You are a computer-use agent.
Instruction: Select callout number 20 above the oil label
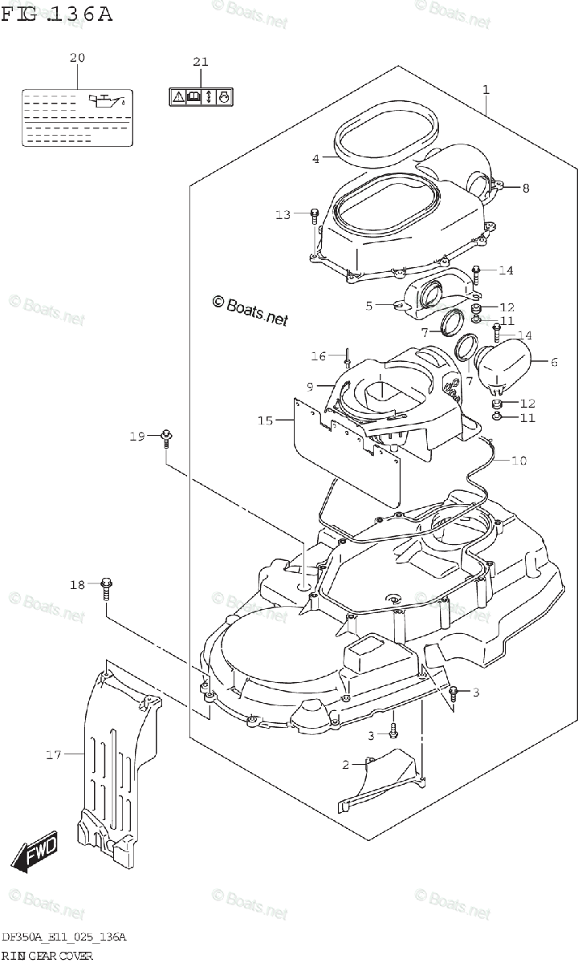[77, 58]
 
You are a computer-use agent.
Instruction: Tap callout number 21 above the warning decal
[200, 62]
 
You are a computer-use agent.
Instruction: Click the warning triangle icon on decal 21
[177, 97]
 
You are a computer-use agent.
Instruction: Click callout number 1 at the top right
[486, 88]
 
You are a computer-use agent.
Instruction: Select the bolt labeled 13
[314, 215]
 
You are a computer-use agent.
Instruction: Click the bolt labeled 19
[166, 437]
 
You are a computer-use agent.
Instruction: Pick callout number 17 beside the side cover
[54, 754]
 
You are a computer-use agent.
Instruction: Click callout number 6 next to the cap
[554, 363]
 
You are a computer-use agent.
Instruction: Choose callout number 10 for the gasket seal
[519, 461]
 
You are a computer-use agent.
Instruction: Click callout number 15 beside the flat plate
[266, 420]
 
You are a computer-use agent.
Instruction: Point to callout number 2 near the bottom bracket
[346, 765]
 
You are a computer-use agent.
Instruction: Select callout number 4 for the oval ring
[316, 159]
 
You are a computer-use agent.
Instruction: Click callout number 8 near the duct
[526, 189]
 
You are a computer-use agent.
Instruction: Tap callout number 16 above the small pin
[319, 356]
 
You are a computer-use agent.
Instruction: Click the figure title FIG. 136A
[56, 14]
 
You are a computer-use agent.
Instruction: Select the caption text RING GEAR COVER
[47, 955]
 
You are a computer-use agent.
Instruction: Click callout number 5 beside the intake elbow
[368, 305]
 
